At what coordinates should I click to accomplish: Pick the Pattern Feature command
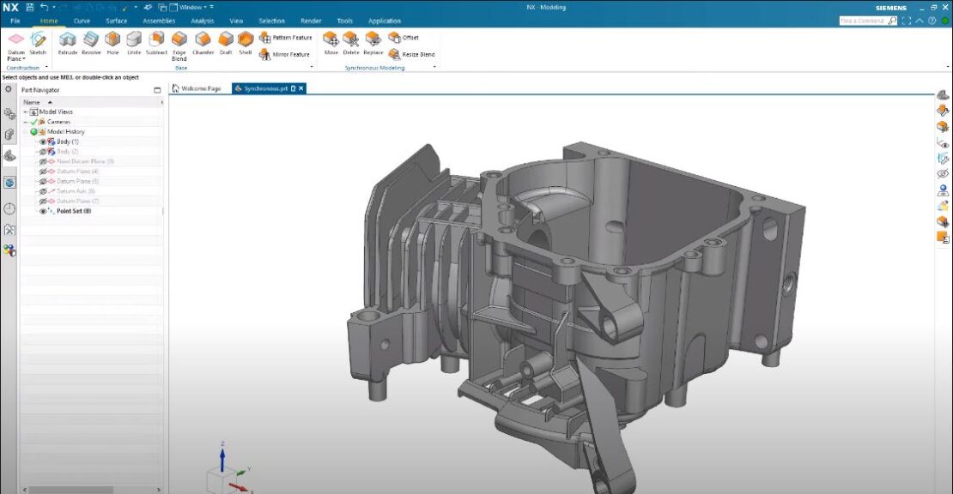click(285, 38)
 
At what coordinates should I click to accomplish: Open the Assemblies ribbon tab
click(159, 21)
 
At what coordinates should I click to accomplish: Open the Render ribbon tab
click(311, 21)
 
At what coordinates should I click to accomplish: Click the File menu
click(15, 21)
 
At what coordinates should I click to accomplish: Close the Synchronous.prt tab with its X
click(301, 88)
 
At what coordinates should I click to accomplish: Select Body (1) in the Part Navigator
click(68, 142)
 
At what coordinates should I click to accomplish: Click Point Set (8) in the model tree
click(73, 211)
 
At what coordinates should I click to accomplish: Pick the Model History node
click(65, 131)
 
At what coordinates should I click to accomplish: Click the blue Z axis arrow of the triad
click(222, 455)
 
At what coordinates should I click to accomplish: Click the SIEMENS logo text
click(890, 8)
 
